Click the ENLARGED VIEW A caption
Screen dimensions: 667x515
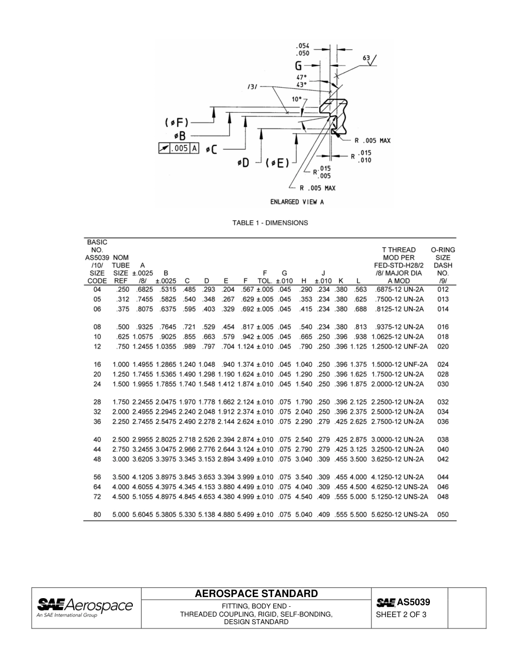pyautogui.click(x=297, y=202)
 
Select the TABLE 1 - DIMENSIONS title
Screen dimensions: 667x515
pyautogui.click(x=270, y=223)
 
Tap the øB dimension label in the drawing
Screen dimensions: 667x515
pyautogui.click(x=179, y=136)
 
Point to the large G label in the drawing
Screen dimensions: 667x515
pyautogui.click(x=299, y=66)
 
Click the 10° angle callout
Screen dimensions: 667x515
pyautogui.click(x=297, y=99)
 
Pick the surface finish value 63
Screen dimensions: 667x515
pyautogui.click(x=366, y=58)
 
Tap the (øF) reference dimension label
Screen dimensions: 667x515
pyautogui.click(x=177, y=123)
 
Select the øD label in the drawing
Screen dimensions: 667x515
pyautogui.click(x=244, y=162)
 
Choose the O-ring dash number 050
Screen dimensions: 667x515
pyautogui.click(x=443, y=515)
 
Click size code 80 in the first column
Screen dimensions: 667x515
pyautogui.click(x=97, y=515)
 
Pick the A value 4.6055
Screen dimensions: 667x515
pyautogui.click(x=143, y=487)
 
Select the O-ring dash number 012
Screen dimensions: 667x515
pyautogui.click(x=443, y=290)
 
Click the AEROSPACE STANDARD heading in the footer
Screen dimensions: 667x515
pyautogui.click(x=256, y=594)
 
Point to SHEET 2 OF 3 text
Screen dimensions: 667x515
pyautogui.click(x=401, y=615)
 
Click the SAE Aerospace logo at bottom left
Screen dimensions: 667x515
pyautogui.click(x=85, y=607)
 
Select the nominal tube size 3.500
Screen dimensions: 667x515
pyautogui.click(x=121, y=477)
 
